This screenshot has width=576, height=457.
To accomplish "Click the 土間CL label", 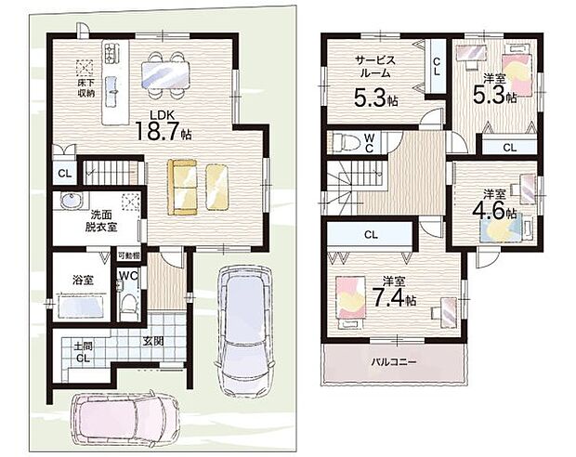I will pos(82,352).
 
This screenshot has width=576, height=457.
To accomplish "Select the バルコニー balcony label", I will pos(392,363).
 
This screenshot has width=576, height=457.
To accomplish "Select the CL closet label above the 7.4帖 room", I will pos(370,234).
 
